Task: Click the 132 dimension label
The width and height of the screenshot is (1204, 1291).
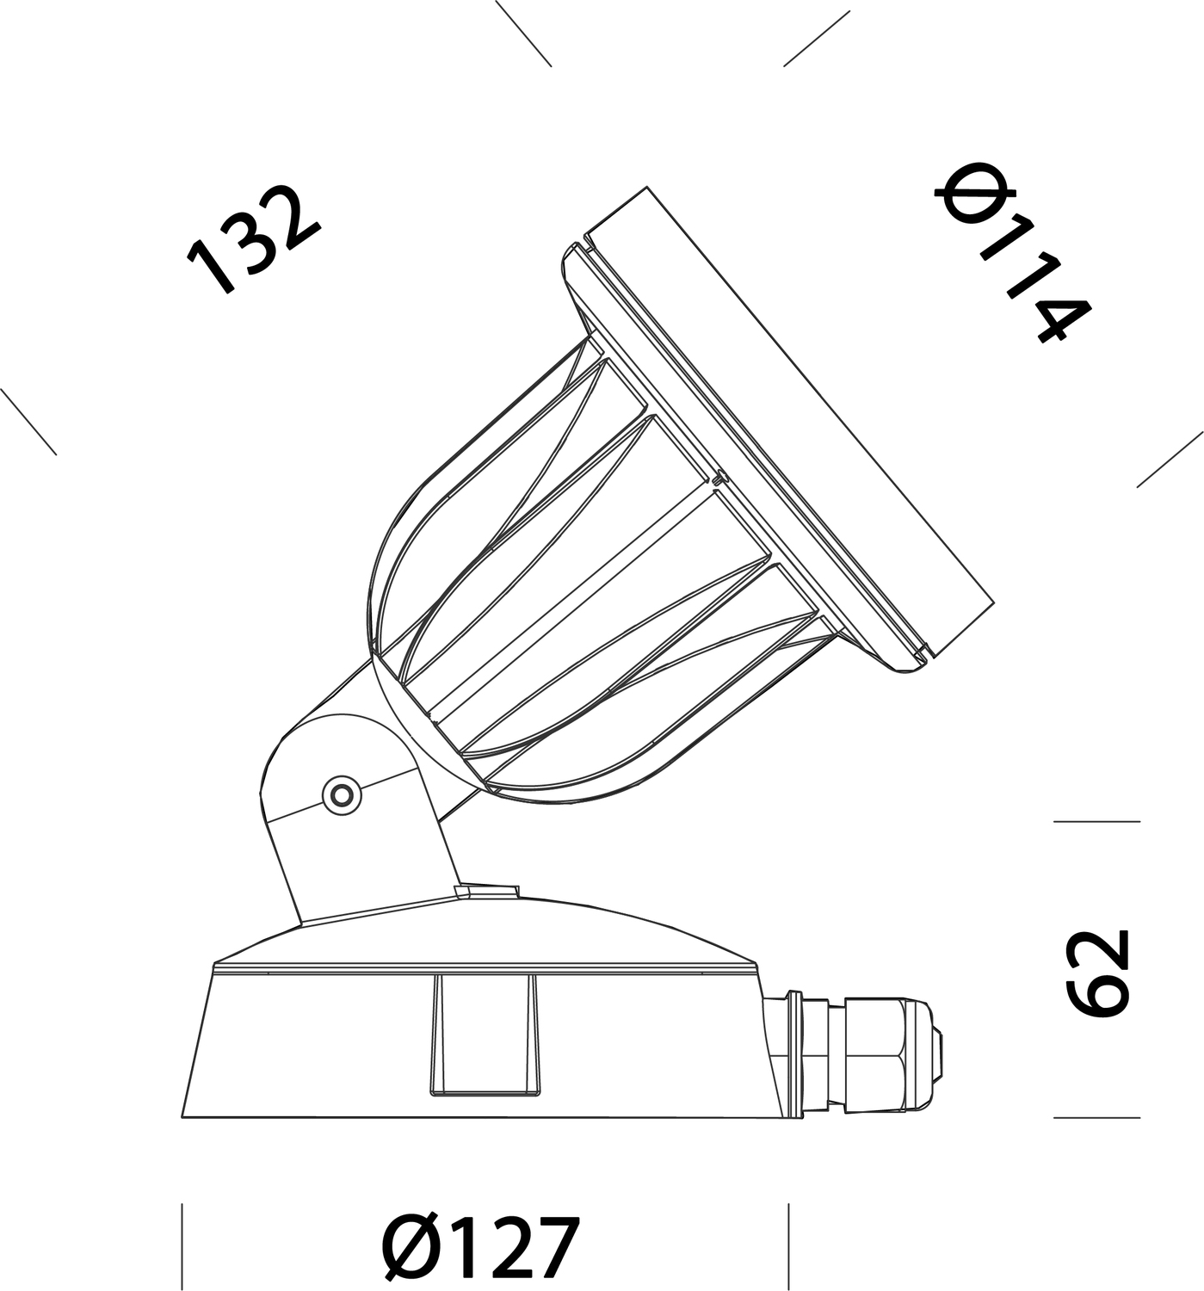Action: pos(253,239)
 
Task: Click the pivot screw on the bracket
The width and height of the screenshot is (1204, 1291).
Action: pos(342,793)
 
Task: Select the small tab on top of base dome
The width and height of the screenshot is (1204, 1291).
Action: pos(487,891)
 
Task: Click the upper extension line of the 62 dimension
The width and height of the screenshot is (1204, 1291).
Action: pos(1096,822)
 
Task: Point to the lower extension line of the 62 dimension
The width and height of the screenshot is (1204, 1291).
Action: pos(1096,1117)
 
